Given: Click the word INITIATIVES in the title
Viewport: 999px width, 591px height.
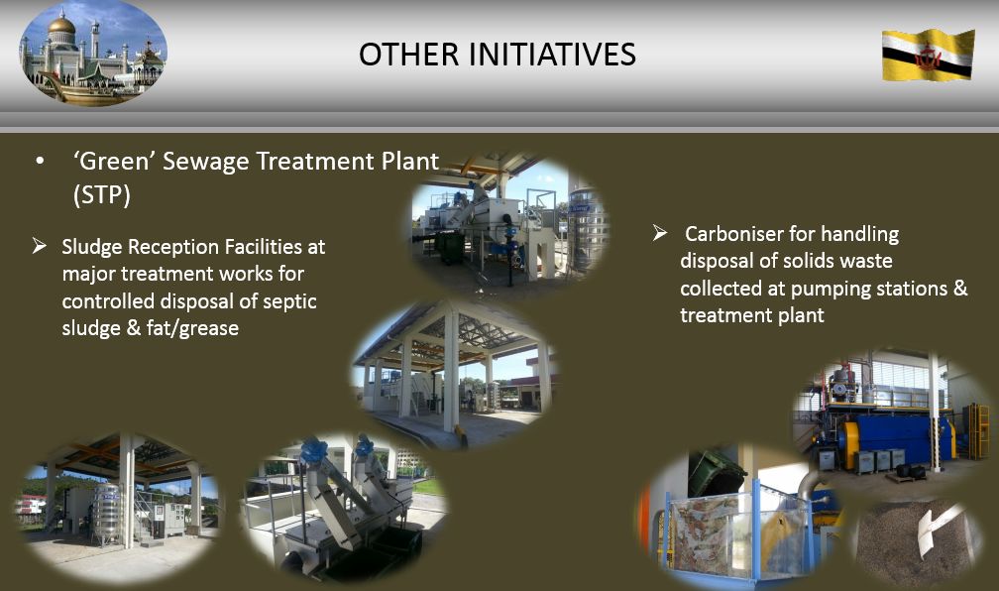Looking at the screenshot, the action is [x=552, y=55].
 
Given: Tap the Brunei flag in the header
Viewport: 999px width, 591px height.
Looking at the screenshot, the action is [x=929, y=55].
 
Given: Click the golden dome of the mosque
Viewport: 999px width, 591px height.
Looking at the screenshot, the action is [x=61, y=26].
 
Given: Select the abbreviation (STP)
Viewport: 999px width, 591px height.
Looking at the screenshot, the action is [x=102, y=195].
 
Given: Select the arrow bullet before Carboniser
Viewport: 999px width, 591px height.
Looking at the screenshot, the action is [x=660, y=233].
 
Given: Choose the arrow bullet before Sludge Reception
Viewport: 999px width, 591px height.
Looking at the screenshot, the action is [x=40, y=246].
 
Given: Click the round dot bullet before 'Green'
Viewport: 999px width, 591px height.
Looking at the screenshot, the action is [x=40, y=162].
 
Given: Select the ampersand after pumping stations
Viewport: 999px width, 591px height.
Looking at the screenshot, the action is [x=960, y=289].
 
